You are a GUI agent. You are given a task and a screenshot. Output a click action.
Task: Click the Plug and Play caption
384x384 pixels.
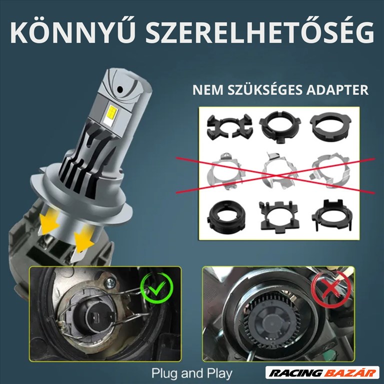(192, 373)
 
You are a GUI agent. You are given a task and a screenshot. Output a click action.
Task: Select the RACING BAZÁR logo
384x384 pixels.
(321, 373)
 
